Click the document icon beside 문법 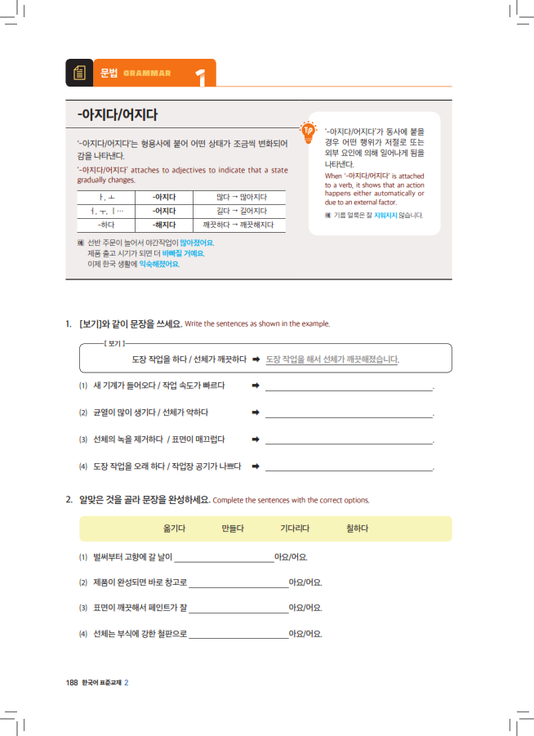[x=79, y=73]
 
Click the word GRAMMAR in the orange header [x=147, y=74]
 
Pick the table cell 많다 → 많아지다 [x=240, y=197]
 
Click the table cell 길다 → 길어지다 [x=240, y=211]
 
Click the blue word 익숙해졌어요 [x=159, y=264]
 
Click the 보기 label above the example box [x=114, y=344]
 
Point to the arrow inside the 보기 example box [x=256, y=359]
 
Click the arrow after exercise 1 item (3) [x=256, y=439]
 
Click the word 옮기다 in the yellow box [x=174, y=529]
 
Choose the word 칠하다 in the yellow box [x=357, y=529]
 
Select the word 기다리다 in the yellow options [x=294, y=529]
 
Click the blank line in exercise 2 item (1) [x=225, y=561]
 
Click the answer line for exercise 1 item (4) [x=349, y=470]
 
